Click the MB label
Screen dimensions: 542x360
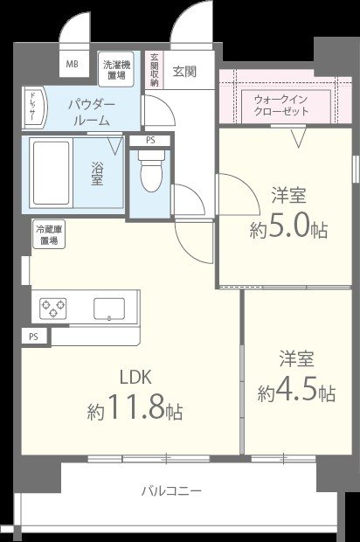click(x=71, y=65)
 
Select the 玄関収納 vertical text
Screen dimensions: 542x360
click(x=154, y=70)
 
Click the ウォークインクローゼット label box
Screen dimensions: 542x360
click(x=280, y=106)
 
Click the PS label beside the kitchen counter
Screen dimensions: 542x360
click(x=33, y=336)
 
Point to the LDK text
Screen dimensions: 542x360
click(x=136, y=378)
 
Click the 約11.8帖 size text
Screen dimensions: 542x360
click(x=135, y=408)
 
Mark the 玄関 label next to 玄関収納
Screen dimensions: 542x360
click(x=183, y=70)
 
